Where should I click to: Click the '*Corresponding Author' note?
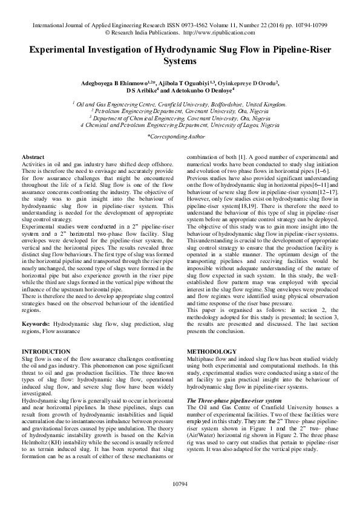(180, 138)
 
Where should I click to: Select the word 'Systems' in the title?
(180, 62)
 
